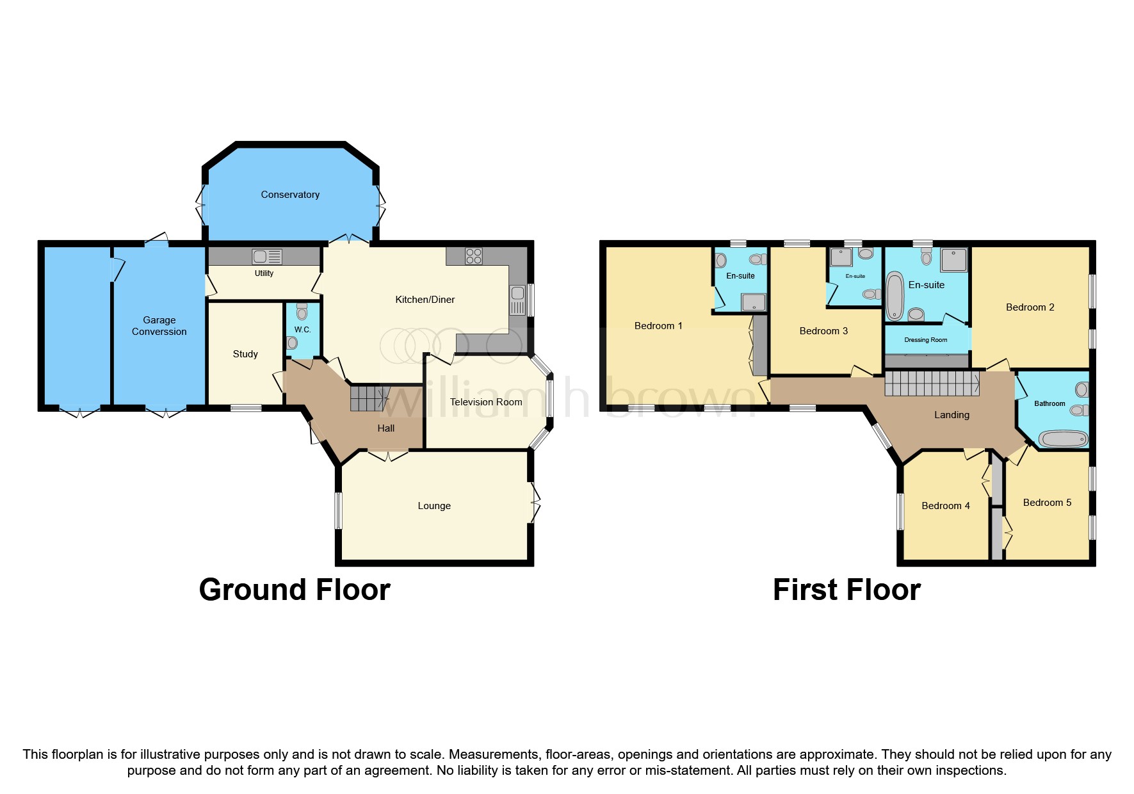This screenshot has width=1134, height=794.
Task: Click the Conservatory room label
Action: [x=290, y=195]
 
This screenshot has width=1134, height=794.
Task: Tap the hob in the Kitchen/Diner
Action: [x=474, y=256]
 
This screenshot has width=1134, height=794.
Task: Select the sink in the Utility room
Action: [x=267, y=257]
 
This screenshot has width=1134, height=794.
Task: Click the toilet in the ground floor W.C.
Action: [x=302, y=311]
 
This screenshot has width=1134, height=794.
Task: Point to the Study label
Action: [x=245, y=354]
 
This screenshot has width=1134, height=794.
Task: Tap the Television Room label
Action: [x=486, y=402]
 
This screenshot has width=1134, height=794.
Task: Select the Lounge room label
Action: [x=434, y=506]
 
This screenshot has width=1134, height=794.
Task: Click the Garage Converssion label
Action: [x=159, y=326]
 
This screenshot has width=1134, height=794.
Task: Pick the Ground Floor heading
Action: [x=295, y=590]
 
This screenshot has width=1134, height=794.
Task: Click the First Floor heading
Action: [x=846, y=590]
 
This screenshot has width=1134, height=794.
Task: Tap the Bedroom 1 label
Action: [x=658, y=326]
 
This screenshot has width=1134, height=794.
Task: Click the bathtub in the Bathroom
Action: [x=1063, y=439]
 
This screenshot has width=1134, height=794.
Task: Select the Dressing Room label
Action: [x=926, y=340]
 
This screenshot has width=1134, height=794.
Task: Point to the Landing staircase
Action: [x=932, y=384]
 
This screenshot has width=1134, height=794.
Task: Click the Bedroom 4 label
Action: [x=946, y=506]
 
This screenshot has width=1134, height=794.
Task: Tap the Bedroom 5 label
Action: [x=1047, y=503]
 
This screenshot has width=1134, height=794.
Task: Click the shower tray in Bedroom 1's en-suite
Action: [x=754, y=302]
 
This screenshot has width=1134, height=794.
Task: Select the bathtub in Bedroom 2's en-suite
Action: [x=895, y=296]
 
